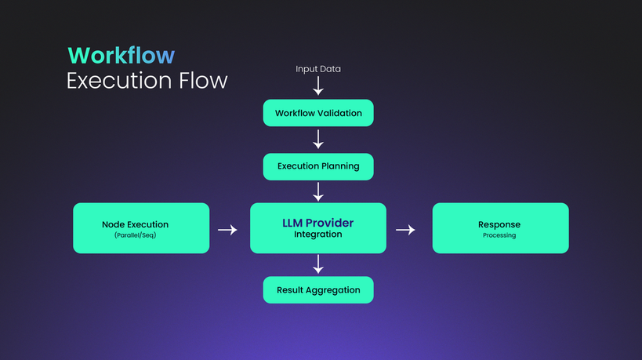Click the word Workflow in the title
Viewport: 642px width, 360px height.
tap(122, 55)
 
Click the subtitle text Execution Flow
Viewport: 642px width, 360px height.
tap(147, 80)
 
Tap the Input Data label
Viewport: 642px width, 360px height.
tap(318, 69)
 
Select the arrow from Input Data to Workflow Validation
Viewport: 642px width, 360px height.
tap(318, 86)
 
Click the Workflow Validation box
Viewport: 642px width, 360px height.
tap(318, 113)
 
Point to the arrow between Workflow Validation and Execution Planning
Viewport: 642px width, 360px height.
tap(318, 140)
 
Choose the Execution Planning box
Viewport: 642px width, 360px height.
tap(318, 167)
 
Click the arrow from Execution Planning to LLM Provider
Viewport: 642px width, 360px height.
tap(318, 191)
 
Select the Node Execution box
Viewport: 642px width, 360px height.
tap(141, 228)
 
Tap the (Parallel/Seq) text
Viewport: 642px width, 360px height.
tap(135, 235)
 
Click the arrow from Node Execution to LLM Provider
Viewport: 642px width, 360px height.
tap(227, 230)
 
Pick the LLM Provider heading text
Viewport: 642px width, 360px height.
tap(317, 223)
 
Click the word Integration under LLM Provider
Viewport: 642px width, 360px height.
tap(317, 235)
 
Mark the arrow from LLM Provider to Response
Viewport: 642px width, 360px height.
tap(405, 230)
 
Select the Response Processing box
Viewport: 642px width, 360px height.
tap(500, 228)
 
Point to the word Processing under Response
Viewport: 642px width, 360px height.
tap(499, 235)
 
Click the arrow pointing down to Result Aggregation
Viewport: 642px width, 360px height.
tap(318, 264)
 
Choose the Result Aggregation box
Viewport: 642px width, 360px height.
tap(318, 290)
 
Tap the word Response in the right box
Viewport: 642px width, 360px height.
tap(499, 225)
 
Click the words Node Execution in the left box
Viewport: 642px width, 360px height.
tap(135, 224)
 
